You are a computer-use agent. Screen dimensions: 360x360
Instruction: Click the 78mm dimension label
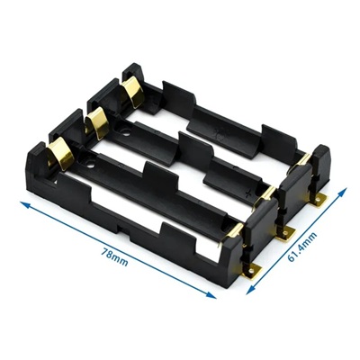click(x=114, y=257)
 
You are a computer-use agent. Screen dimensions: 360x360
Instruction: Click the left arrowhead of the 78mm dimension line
click(x=25, y=204)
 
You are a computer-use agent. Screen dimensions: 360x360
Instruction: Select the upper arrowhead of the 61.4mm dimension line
click(x=343, y=193)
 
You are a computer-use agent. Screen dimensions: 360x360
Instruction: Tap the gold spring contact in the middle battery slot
click(x=95, y=122)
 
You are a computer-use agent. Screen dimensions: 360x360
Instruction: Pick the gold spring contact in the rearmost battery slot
click(x=132, y=91)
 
